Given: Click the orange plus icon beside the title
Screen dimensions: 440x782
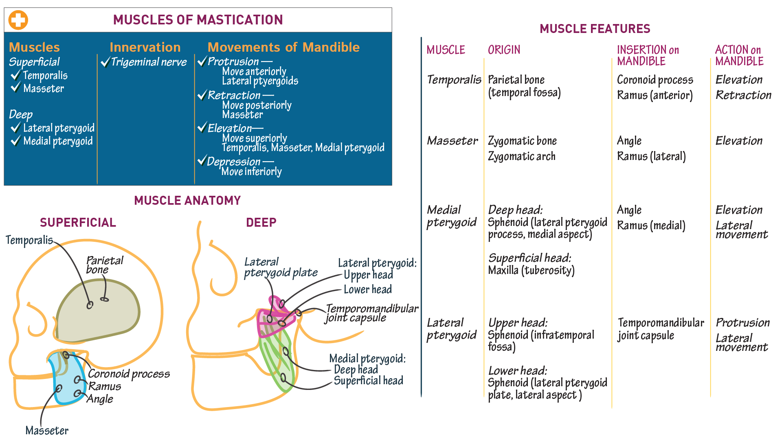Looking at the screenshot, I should tap(18, 20).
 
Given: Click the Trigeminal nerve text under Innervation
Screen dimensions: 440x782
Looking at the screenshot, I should tap(148, 62).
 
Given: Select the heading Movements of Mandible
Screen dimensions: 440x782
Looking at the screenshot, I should tap(283, 47).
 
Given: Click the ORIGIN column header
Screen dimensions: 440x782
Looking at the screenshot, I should tap(504, 50).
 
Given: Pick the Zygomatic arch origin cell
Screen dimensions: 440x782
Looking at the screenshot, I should tap(521, 156).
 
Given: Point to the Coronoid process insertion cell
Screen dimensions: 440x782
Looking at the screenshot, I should tap(655, 80).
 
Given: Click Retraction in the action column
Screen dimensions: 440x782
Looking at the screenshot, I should tap(743, 95).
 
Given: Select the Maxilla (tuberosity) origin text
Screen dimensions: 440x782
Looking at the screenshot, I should tap(531, 270).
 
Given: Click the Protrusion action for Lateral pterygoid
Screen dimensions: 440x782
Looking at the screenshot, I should tap(742, 323).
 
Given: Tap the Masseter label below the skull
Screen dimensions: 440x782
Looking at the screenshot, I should tap(47, 430).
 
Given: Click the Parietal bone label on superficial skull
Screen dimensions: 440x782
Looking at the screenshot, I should tap(104, 265).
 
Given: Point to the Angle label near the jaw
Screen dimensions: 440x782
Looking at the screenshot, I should tap(100, 399).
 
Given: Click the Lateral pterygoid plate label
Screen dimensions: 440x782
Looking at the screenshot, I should tap(280, 267).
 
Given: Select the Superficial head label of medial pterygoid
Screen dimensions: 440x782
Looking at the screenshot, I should tap(368, 381).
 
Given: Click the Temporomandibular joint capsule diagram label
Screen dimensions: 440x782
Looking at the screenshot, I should tap(371, 313).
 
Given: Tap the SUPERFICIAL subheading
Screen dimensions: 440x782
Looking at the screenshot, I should tap(78, 223).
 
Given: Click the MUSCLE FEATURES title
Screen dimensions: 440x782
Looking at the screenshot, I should tap(595, 29).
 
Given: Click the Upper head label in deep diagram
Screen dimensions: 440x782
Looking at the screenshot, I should tap(368, 275).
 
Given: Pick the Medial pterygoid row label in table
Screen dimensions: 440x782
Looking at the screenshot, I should tap(451, 216).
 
